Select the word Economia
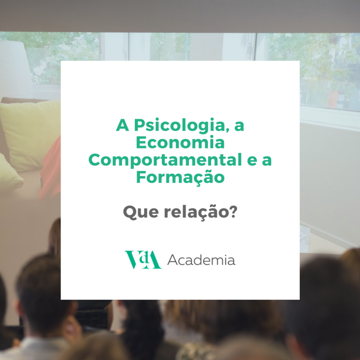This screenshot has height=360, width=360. click(x=180, y=142)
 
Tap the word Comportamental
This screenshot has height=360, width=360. click(x=165, y=161)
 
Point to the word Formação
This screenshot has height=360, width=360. click(x=180, y=177)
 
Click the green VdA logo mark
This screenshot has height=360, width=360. click(x=143, y=260)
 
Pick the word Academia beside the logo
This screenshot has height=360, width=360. click(x=201, y=260)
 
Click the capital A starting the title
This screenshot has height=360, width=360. click(x=122, y=125)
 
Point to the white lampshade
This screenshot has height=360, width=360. click(x=15, y=69)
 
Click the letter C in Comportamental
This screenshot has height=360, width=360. click(x=94, y=160)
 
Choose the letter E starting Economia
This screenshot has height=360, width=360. click(x=141, y=142)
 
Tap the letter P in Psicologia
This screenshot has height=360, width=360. click(x=139, y=125)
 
